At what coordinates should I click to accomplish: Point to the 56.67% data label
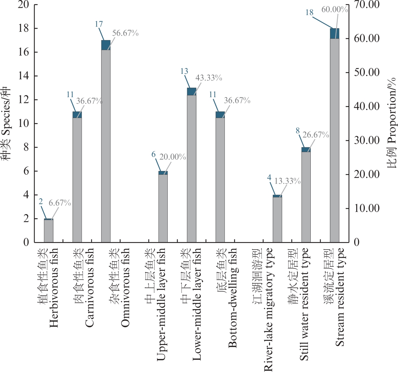[125, 33]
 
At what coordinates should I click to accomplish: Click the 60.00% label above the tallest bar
[334, 10]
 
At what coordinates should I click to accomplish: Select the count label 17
[99, 24]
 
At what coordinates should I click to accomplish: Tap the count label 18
[309, 13]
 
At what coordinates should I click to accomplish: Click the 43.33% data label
[209, 78]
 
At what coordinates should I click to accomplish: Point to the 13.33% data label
[287, 181]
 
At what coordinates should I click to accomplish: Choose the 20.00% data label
[173, 157]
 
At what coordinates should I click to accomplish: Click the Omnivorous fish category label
[120, 287]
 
